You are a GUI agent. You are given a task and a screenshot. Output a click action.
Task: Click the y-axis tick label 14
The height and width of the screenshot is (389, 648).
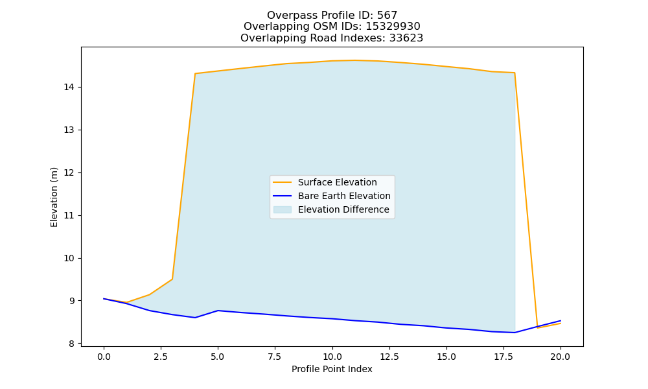(x=69, y=88)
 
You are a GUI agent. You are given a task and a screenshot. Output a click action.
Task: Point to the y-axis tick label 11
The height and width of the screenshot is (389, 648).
(x=69, y=215)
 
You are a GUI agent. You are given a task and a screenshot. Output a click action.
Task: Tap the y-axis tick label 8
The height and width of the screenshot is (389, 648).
(x=72, y=344)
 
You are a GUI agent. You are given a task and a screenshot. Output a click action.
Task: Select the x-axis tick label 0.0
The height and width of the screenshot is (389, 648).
(x=104, y=357)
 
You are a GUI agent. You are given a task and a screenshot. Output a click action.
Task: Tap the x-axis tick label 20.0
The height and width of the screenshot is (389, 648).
(x=561, y=357)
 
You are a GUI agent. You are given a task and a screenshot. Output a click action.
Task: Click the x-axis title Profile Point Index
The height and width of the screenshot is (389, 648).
(x=332, y=369)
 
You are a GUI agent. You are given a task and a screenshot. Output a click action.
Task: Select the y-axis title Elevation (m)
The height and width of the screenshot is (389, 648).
(x=54, y=197)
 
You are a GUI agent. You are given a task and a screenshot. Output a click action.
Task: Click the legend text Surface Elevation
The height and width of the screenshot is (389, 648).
(x=337, y=182)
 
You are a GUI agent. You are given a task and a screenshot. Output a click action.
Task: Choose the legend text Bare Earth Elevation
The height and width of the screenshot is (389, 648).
(x=344, y=196)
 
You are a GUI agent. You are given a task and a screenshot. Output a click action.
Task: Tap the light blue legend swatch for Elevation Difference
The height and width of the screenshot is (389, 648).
(x=283, y=209)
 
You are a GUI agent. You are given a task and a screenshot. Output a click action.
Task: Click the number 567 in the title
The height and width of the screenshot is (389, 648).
(x=387, y=16)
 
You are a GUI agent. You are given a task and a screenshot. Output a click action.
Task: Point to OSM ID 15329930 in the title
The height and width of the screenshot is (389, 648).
(x=393, y=27)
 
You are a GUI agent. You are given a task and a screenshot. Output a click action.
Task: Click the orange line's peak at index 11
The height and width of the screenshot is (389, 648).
(x=355, y=60)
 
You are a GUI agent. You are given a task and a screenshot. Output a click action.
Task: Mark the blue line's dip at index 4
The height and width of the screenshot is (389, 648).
(x=195, y=318)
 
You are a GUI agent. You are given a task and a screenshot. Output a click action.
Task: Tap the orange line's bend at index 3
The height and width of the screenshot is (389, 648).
(x=172, y=279)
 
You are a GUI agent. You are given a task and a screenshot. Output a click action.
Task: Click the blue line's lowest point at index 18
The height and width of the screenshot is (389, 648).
(x=515, y=333)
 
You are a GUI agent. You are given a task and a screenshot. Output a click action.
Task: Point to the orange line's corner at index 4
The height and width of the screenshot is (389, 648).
(x=195, y=73)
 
